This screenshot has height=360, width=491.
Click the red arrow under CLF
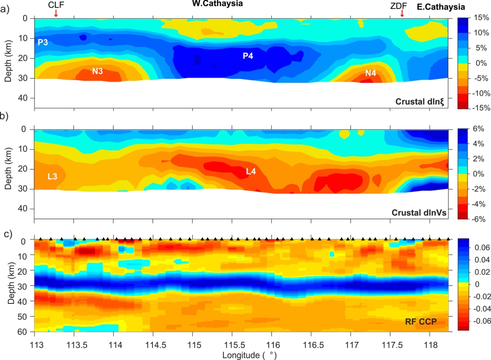56,13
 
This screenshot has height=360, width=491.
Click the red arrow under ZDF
402,13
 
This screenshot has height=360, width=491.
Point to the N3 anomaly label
98,71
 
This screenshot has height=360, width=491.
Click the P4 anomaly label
247,56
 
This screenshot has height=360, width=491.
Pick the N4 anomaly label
371,73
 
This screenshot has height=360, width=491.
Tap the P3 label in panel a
43,42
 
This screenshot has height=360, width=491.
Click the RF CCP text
421,322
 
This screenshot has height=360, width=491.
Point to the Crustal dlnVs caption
419,212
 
